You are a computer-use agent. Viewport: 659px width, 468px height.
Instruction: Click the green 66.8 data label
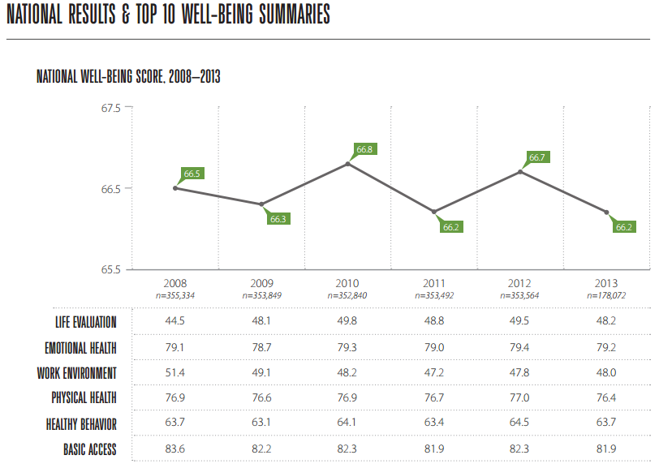click(364, 149)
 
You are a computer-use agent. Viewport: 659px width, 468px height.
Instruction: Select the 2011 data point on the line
click(434, 212)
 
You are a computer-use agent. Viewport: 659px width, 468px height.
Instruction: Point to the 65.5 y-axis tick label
click(110, 269)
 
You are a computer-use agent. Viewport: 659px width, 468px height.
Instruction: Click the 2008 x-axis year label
click(174, 283)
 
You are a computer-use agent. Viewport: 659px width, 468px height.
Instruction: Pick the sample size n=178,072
click(606, 295)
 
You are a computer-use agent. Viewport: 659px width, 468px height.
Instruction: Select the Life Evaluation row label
click(86, 322)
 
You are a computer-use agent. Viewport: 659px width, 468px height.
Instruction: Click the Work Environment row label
click(76, 373)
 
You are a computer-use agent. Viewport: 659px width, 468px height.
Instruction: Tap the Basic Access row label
click(89, 449)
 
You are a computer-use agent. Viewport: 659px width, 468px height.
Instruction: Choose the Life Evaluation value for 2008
click(174, 321)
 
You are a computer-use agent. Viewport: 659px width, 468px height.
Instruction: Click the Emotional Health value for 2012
click(519, 347)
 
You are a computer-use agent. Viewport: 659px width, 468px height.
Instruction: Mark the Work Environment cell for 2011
click(434, 372)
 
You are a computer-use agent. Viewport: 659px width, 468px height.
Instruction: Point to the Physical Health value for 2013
click(606, 397)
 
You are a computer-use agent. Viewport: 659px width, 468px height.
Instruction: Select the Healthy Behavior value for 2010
click(347, 422)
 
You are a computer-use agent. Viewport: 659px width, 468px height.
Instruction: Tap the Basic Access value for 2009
click(261, 449)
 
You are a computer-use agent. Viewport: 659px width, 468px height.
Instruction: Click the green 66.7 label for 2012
click(537, 157)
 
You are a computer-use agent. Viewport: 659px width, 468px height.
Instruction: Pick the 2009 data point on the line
click(261, 204)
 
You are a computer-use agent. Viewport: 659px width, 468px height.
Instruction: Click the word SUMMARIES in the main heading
click(295, 14)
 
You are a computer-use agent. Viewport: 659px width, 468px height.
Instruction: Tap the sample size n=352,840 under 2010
click(347, 295)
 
